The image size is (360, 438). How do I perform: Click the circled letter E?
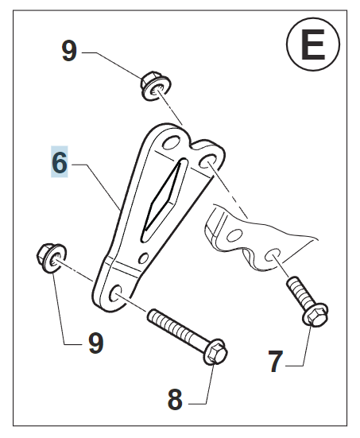(313, 45)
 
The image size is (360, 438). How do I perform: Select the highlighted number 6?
(60, 162)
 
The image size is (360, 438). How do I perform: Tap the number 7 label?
(276, 362)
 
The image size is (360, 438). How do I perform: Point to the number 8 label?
(175, 399)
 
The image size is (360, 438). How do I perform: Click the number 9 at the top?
(69, 51)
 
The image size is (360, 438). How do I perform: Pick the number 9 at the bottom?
(96, 343)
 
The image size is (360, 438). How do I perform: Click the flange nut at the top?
(155, 86)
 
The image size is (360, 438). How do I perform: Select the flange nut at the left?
(52, 258)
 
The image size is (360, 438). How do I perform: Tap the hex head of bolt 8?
(215, 352)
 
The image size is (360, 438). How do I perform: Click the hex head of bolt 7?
(315, 314)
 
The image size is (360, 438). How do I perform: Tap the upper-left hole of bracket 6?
(171, 143)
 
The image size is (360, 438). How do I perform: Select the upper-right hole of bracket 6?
(208, 161)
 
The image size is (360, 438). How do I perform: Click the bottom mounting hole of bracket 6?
(115, 293)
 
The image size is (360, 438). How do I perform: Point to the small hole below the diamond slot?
(144, 258)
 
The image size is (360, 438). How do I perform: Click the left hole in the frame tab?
(234, 235)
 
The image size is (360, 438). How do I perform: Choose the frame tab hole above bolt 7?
(273, 254)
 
